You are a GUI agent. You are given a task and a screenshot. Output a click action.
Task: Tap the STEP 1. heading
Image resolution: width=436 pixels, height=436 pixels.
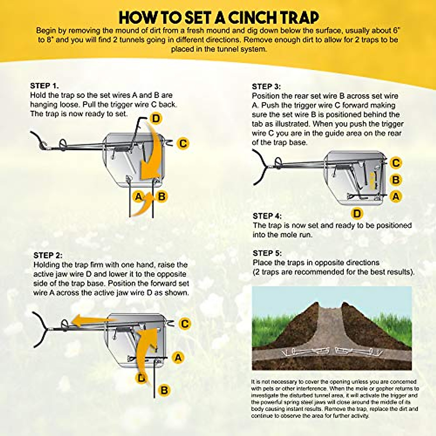(x=44, y=86)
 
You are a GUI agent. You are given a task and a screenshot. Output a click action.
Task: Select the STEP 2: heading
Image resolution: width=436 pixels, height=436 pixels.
(x=48, y=255)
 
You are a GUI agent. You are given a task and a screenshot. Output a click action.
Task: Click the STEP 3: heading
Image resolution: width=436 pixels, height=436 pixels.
(x=266, y=87)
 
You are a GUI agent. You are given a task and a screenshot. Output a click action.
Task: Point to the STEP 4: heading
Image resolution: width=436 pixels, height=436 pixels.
(x=267, y=216)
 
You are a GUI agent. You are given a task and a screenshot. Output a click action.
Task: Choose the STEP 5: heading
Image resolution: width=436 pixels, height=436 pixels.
(x=267, y=253)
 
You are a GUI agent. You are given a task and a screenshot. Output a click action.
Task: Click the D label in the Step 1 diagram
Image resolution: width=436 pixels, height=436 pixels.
(x=156, y=118)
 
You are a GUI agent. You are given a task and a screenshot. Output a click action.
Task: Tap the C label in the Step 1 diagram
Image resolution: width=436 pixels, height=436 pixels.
(x=183, y=144)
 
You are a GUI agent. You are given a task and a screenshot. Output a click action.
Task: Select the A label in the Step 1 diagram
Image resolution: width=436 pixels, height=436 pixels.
(x=138, y=197)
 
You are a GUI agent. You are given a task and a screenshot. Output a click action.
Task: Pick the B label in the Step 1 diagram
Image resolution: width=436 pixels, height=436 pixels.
(x=162, y=197)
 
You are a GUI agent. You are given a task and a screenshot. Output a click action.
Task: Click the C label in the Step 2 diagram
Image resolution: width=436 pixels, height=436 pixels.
(x=185, y=324)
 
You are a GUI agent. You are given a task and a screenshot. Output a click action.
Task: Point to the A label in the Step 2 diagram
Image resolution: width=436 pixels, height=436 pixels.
(x=178, y=358)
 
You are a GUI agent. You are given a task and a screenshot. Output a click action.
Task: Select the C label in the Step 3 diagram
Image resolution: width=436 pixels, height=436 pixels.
(x=396, y=163)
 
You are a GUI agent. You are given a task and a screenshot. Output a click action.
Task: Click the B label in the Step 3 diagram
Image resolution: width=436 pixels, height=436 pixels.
(x=396, y=180)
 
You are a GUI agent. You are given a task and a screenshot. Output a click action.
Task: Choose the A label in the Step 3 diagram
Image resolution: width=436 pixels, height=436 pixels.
(x=396, y=197)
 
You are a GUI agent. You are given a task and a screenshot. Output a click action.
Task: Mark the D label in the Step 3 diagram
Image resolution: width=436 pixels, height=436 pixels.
(x=357, y=214)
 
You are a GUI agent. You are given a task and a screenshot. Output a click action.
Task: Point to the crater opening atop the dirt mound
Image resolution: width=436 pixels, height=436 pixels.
(x=331, y=308)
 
